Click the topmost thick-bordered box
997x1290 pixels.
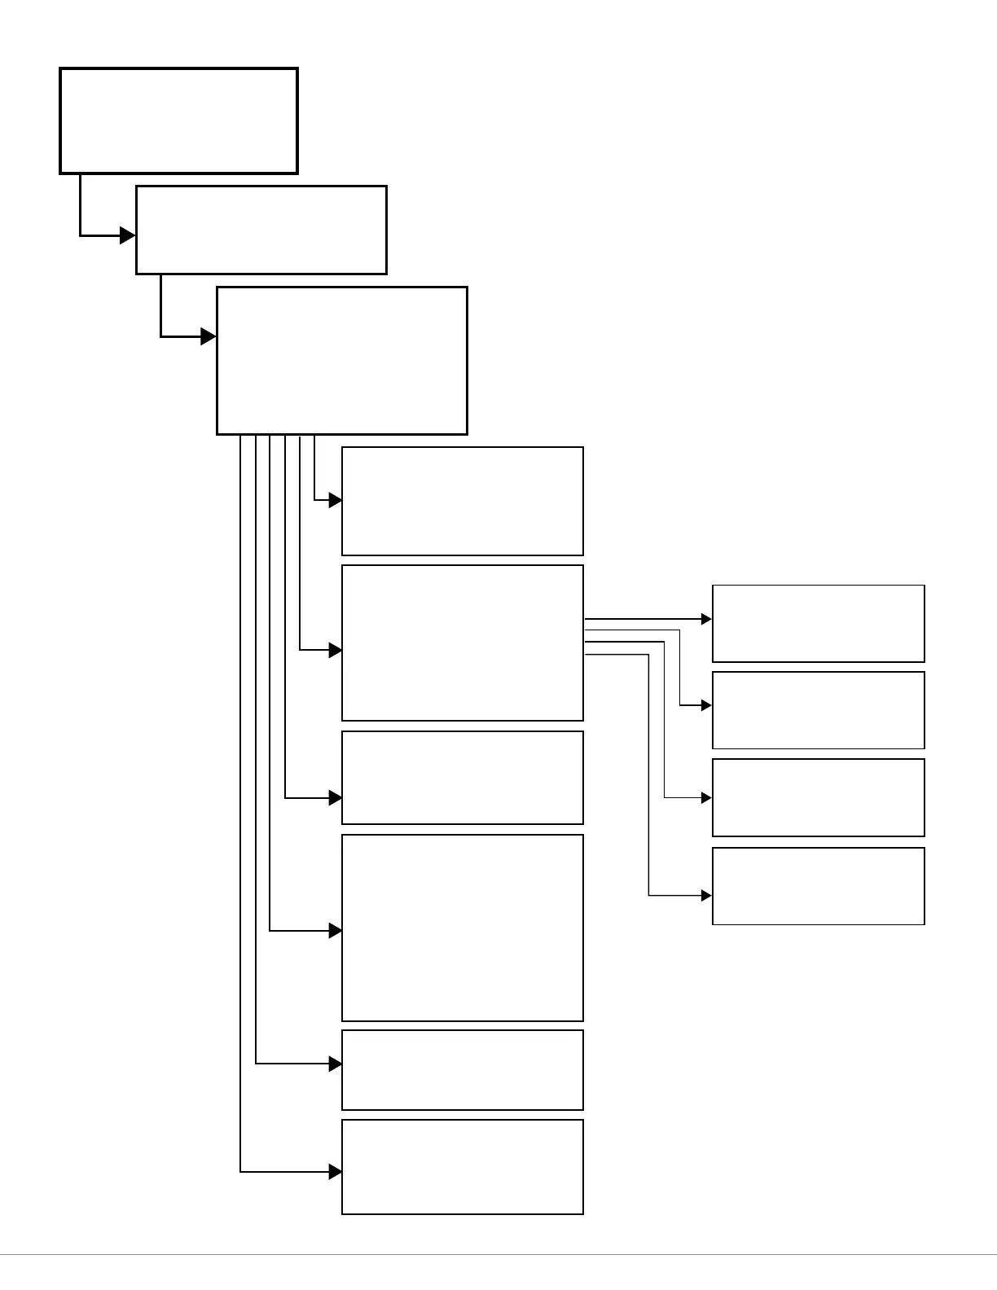coord(178,121)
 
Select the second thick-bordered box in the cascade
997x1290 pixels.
coord(261,230)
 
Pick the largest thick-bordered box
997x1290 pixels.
coord(341,360)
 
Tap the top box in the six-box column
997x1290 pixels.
coord(462,501)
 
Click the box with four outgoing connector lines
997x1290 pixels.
coord(462,643)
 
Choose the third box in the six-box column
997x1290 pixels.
coord(462,777)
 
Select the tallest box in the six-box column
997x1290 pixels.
coord(462,928)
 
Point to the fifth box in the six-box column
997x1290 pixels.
coord(462,1069)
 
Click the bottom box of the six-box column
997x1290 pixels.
coord(462,1166)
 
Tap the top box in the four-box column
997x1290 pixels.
coord(818,623)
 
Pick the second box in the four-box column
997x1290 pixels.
coord(818,710)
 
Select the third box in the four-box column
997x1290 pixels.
coord(818,797)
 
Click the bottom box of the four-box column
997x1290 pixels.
coord(818,886)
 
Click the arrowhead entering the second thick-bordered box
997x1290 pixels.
coord(128,235)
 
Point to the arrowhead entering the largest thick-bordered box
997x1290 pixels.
coord(209,336)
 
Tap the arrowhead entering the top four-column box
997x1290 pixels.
coord(706,619)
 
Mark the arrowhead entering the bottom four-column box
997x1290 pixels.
coord(706,896)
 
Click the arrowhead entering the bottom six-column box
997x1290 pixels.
coord(335,1172)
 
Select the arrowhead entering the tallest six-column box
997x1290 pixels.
coord(335,930)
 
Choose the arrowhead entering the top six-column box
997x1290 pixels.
coord(335,500)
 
